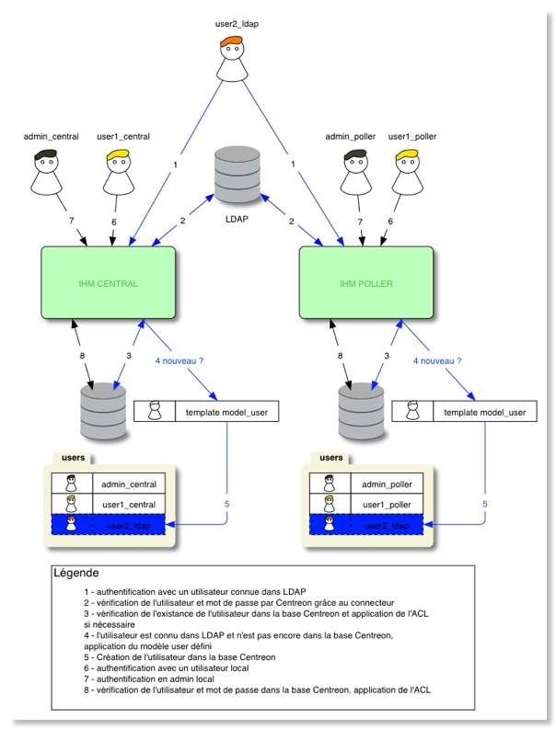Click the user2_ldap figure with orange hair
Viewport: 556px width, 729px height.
pyautogui.click(x=236, y=61)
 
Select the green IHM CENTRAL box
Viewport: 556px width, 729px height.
pyautogui.click(x=109, y=283)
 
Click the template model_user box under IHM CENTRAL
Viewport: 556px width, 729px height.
pyautogui.click(x=205, y=413)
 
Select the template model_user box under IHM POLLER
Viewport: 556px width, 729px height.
pyautogui.click(x=463, y=413)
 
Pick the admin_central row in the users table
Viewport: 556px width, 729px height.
pyautogui.click(x=108, y=484)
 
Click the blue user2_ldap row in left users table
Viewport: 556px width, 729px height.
pyautogui.click(x=108, y=525)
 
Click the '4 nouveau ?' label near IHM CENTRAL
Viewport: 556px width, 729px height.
pyautogui.click(x=180, y=361)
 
